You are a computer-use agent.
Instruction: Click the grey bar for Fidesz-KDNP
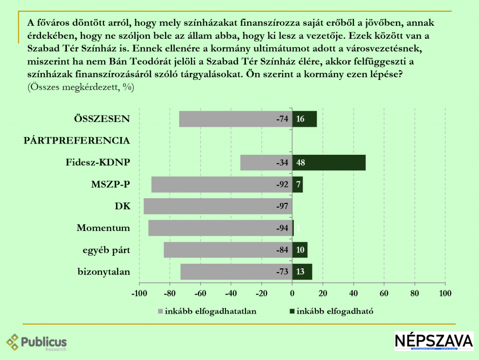click(266, 163)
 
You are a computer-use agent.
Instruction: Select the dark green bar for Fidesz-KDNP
click(329, 163)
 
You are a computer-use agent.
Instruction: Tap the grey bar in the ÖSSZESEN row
click(235, 119)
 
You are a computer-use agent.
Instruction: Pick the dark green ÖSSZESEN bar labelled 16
click(305, 119)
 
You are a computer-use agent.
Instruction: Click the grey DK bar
click(218, 206)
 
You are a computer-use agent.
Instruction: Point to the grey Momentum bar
click(220, 228)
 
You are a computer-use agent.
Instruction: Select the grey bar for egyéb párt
click(228, 250)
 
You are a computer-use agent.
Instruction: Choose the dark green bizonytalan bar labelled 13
click(302, 272)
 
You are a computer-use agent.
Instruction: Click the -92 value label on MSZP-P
click(282, 185)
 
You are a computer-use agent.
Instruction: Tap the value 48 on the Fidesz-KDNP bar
click(301, 163)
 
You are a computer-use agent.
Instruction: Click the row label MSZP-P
click(110, 184)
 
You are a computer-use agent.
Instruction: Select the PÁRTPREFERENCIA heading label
click(77, 140)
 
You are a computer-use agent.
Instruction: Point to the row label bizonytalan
click(104, 272)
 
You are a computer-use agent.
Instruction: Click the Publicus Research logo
click(36, 342)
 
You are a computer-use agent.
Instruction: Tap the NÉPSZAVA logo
click(434, 341)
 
